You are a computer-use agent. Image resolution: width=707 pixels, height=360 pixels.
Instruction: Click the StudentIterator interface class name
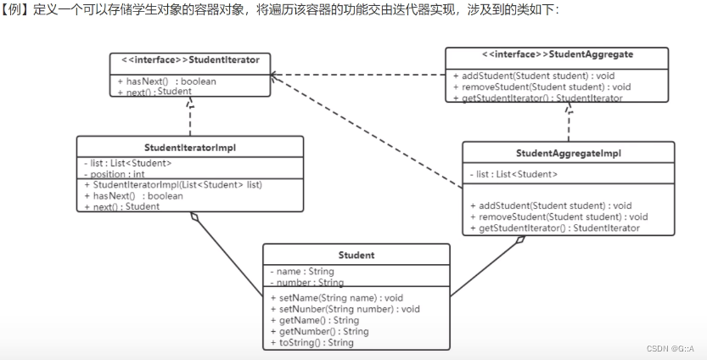191,60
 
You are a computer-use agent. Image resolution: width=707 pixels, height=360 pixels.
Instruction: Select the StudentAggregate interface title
557,53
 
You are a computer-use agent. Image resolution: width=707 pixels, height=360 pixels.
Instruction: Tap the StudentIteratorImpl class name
190,147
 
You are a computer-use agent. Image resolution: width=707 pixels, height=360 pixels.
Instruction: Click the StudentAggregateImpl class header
568,153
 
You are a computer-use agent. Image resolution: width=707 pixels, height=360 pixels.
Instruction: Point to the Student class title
356,255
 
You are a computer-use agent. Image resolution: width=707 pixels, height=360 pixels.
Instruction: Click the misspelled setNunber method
345,309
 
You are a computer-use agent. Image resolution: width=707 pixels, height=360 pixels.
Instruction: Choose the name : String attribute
302,272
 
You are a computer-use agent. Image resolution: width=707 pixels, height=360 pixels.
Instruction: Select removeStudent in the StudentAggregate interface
541,87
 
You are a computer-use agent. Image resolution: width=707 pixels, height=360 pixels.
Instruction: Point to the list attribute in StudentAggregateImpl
513,174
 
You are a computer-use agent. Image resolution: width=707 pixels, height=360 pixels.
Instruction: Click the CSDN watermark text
671,349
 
